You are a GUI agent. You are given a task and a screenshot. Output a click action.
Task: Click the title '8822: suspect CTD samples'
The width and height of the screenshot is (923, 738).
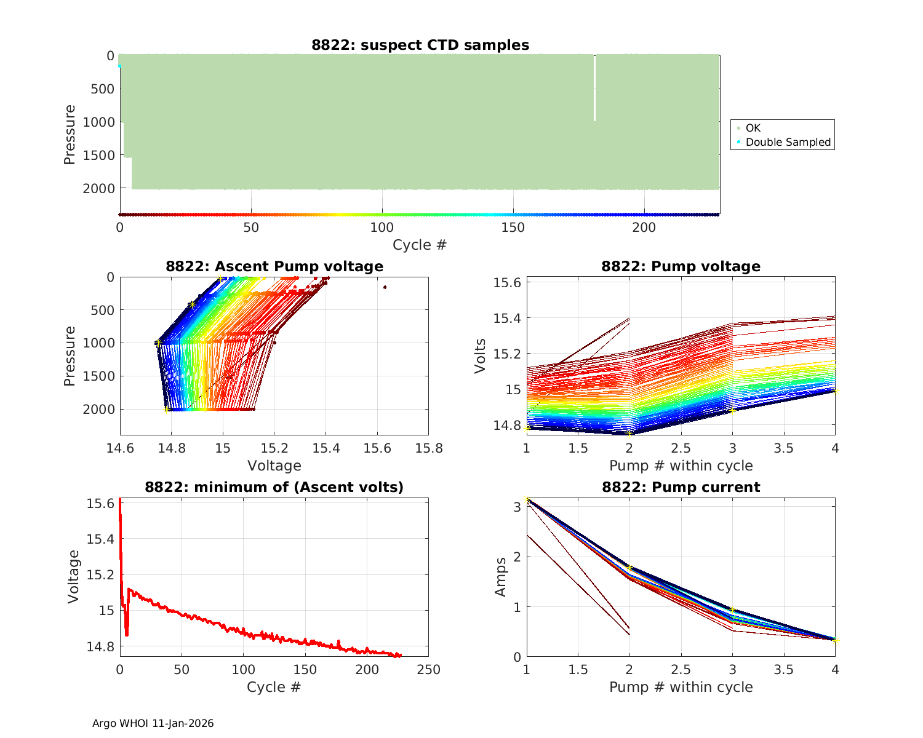[x=420, y=45]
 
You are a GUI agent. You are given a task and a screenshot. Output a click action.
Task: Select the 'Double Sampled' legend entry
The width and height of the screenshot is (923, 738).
[x=788, y=142]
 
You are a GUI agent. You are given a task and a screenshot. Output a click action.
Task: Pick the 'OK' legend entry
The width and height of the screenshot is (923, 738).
[x=753, y=128]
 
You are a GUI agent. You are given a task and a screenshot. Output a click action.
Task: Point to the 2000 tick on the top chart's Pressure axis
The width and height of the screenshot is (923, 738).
[x=98, y=189]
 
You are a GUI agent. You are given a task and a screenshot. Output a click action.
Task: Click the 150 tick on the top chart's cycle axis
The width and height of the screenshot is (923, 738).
[x=513, y=228]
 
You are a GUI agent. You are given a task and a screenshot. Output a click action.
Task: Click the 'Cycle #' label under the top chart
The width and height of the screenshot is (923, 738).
[x=420, y=245]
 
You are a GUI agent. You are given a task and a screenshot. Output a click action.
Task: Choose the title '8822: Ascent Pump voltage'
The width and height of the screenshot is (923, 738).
[x=274, y=266]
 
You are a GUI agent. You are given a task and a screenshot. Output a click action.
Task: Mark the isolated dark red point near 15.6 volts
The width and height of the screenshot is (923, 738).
[x=385, y=287]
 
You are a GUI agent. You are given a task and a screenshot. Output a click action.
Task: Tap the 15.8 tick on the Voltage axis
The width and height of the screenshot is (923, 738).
[x=429, y=448]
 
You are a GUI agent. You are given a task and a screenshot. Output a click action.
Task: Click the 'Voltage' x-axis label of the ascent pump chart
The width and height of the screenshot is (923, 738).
[x=274, y=466]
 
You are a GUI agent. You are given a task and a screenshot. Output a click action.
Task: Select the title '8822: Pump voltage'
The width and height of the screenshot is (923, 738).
[x=681, y=266]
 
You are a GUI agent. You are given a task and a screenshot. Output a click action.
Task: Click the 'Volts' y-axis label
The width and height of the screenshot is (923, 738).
[x=481, y=356]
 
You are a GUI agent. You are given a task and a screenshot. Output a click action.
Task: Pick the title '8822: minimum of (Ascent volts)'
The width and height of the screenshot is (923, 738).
[x=274, y=487]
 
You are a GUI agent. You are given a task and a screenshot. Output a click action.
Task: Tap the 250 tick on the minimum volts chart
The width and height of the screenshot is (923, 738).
[x=429, y=669]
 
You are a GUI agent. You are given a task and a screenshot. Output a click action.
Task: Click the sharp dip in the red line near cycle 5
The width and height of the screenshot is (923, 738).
[x=127, y=635]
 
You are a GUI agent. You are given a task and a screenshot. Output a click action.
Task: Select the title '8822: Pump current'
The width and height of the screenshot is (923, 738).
[x=681, y=487]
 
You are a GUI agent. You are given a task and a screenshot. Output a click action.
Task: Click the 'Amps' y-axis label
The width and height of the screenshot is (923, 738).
[x=501, y=577]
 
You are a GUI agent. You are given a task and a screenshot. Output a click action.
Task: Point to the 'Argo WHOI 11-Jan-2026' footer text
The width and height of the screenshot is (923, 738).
[x=153, y=723]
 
